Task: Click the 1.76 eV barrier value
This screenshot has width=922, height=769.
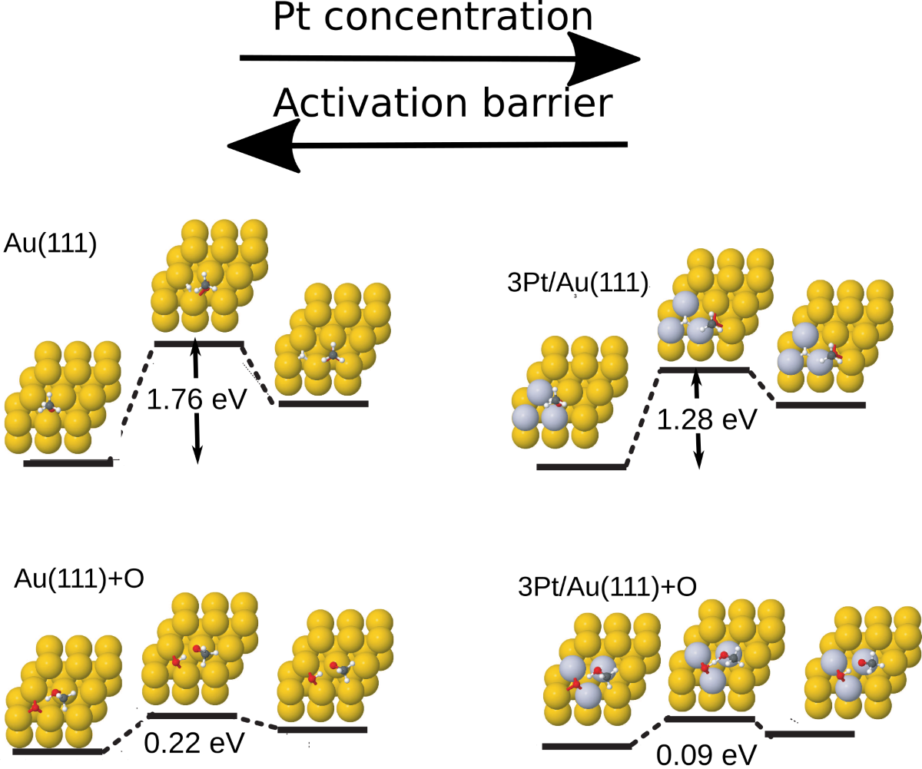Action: [197, 399]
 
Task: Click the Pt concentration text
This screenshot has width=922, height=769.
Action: [433, 18]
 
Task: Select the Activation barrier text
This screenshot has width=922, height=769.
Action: [443, 103]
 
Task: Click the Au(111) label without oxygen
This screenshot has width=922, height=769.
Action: [50, 244]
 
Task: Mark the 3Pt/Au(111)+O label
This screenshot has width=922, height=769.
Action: [609, 587]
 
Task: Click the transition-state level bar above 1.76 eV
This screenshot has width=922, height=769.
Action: [199, 343]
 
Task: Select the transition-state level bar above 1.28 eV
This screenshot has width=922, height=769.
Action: [704, 370]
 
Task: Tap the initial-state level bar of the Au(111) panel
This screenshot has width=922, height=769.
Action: [68, 462]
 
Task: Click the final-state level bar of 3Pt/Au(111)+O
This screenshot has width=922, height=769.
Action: [811, 734]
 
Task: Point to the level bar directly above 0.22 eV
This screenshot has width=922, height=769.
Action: [192, 716]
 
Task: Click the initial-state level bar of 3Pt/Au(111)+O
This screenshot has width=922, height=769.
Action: [585, 746]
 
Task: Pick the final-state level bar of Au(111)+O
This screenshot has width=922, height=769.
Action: [323, 729]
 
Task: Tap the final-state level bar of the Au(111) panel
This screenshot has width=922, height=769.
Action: [323, 403]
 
